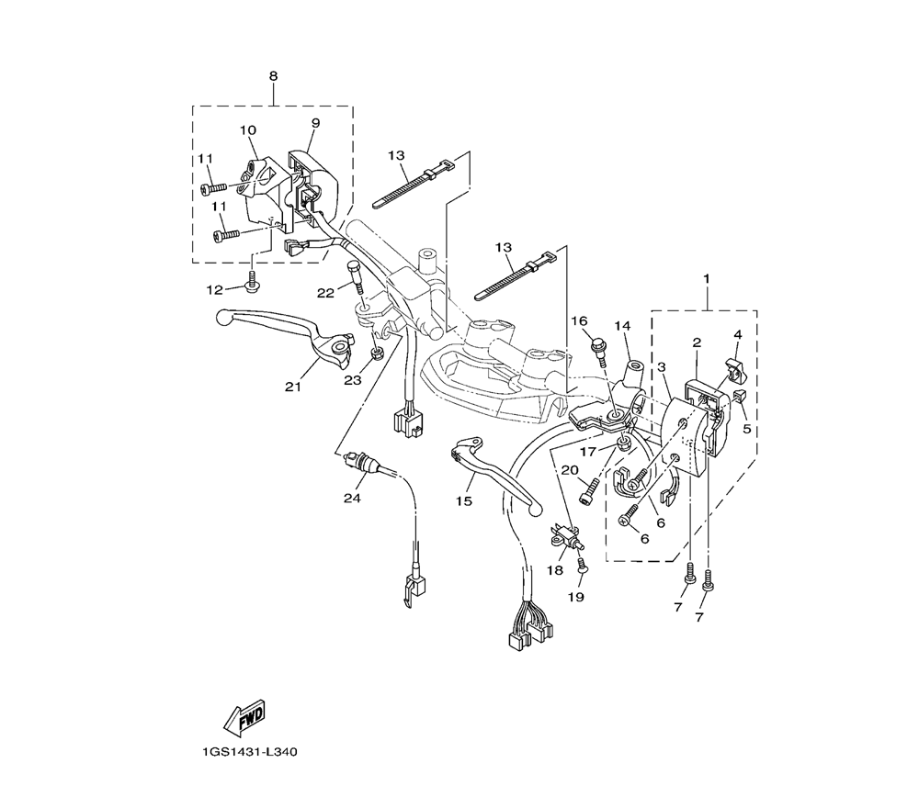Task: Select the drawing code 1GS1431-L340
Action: coord(251,751)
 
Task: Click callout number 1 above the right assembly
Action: coord(707,276)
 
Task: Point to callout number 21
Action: coord(293,387)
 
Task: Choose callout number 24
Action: coord(353,499)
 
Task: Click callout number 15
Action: coord(463,500)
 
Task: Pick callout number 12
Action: coord(214,290)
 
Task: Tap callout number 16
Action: coord(579,320)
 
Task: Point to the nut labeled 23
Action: coord(378,353)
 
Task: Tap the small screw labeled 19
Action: coord(581,571)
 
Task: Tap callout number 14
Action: coord(622,326)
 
